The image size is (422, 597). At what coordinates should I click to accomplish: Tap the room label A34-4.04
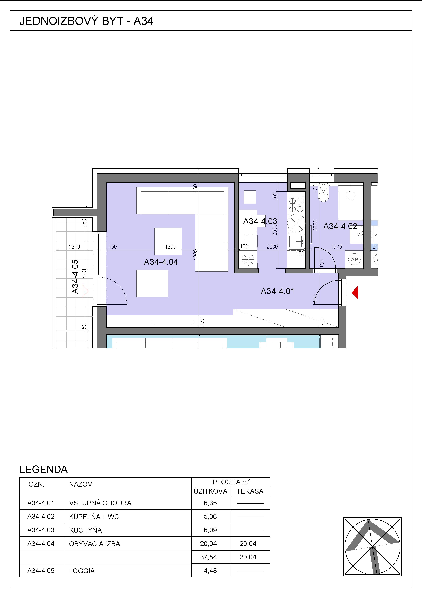pyautogui.click(x=161, y=262)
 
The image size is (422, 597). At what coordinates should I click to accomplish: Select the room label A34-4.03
pyautogui.click(x=260, y=221)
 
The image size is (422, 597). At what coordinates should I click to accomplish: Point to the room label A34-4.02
pyautogui.click(x=340, y=226)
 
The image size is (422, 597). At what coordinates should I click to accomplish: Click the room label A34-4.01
pyautogui.click(x=278, y=291)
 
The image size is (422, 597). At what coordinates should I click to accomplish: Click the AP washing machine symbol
pyautogui.click(x=354, y=260)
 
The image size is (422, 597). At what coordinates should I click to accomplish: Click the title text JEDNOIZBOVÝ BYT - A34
pyautogui.click(x=86, y=21)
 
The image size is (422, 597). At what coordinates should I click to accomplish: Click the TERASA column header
pyautogui.click(x=250, y=491)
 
